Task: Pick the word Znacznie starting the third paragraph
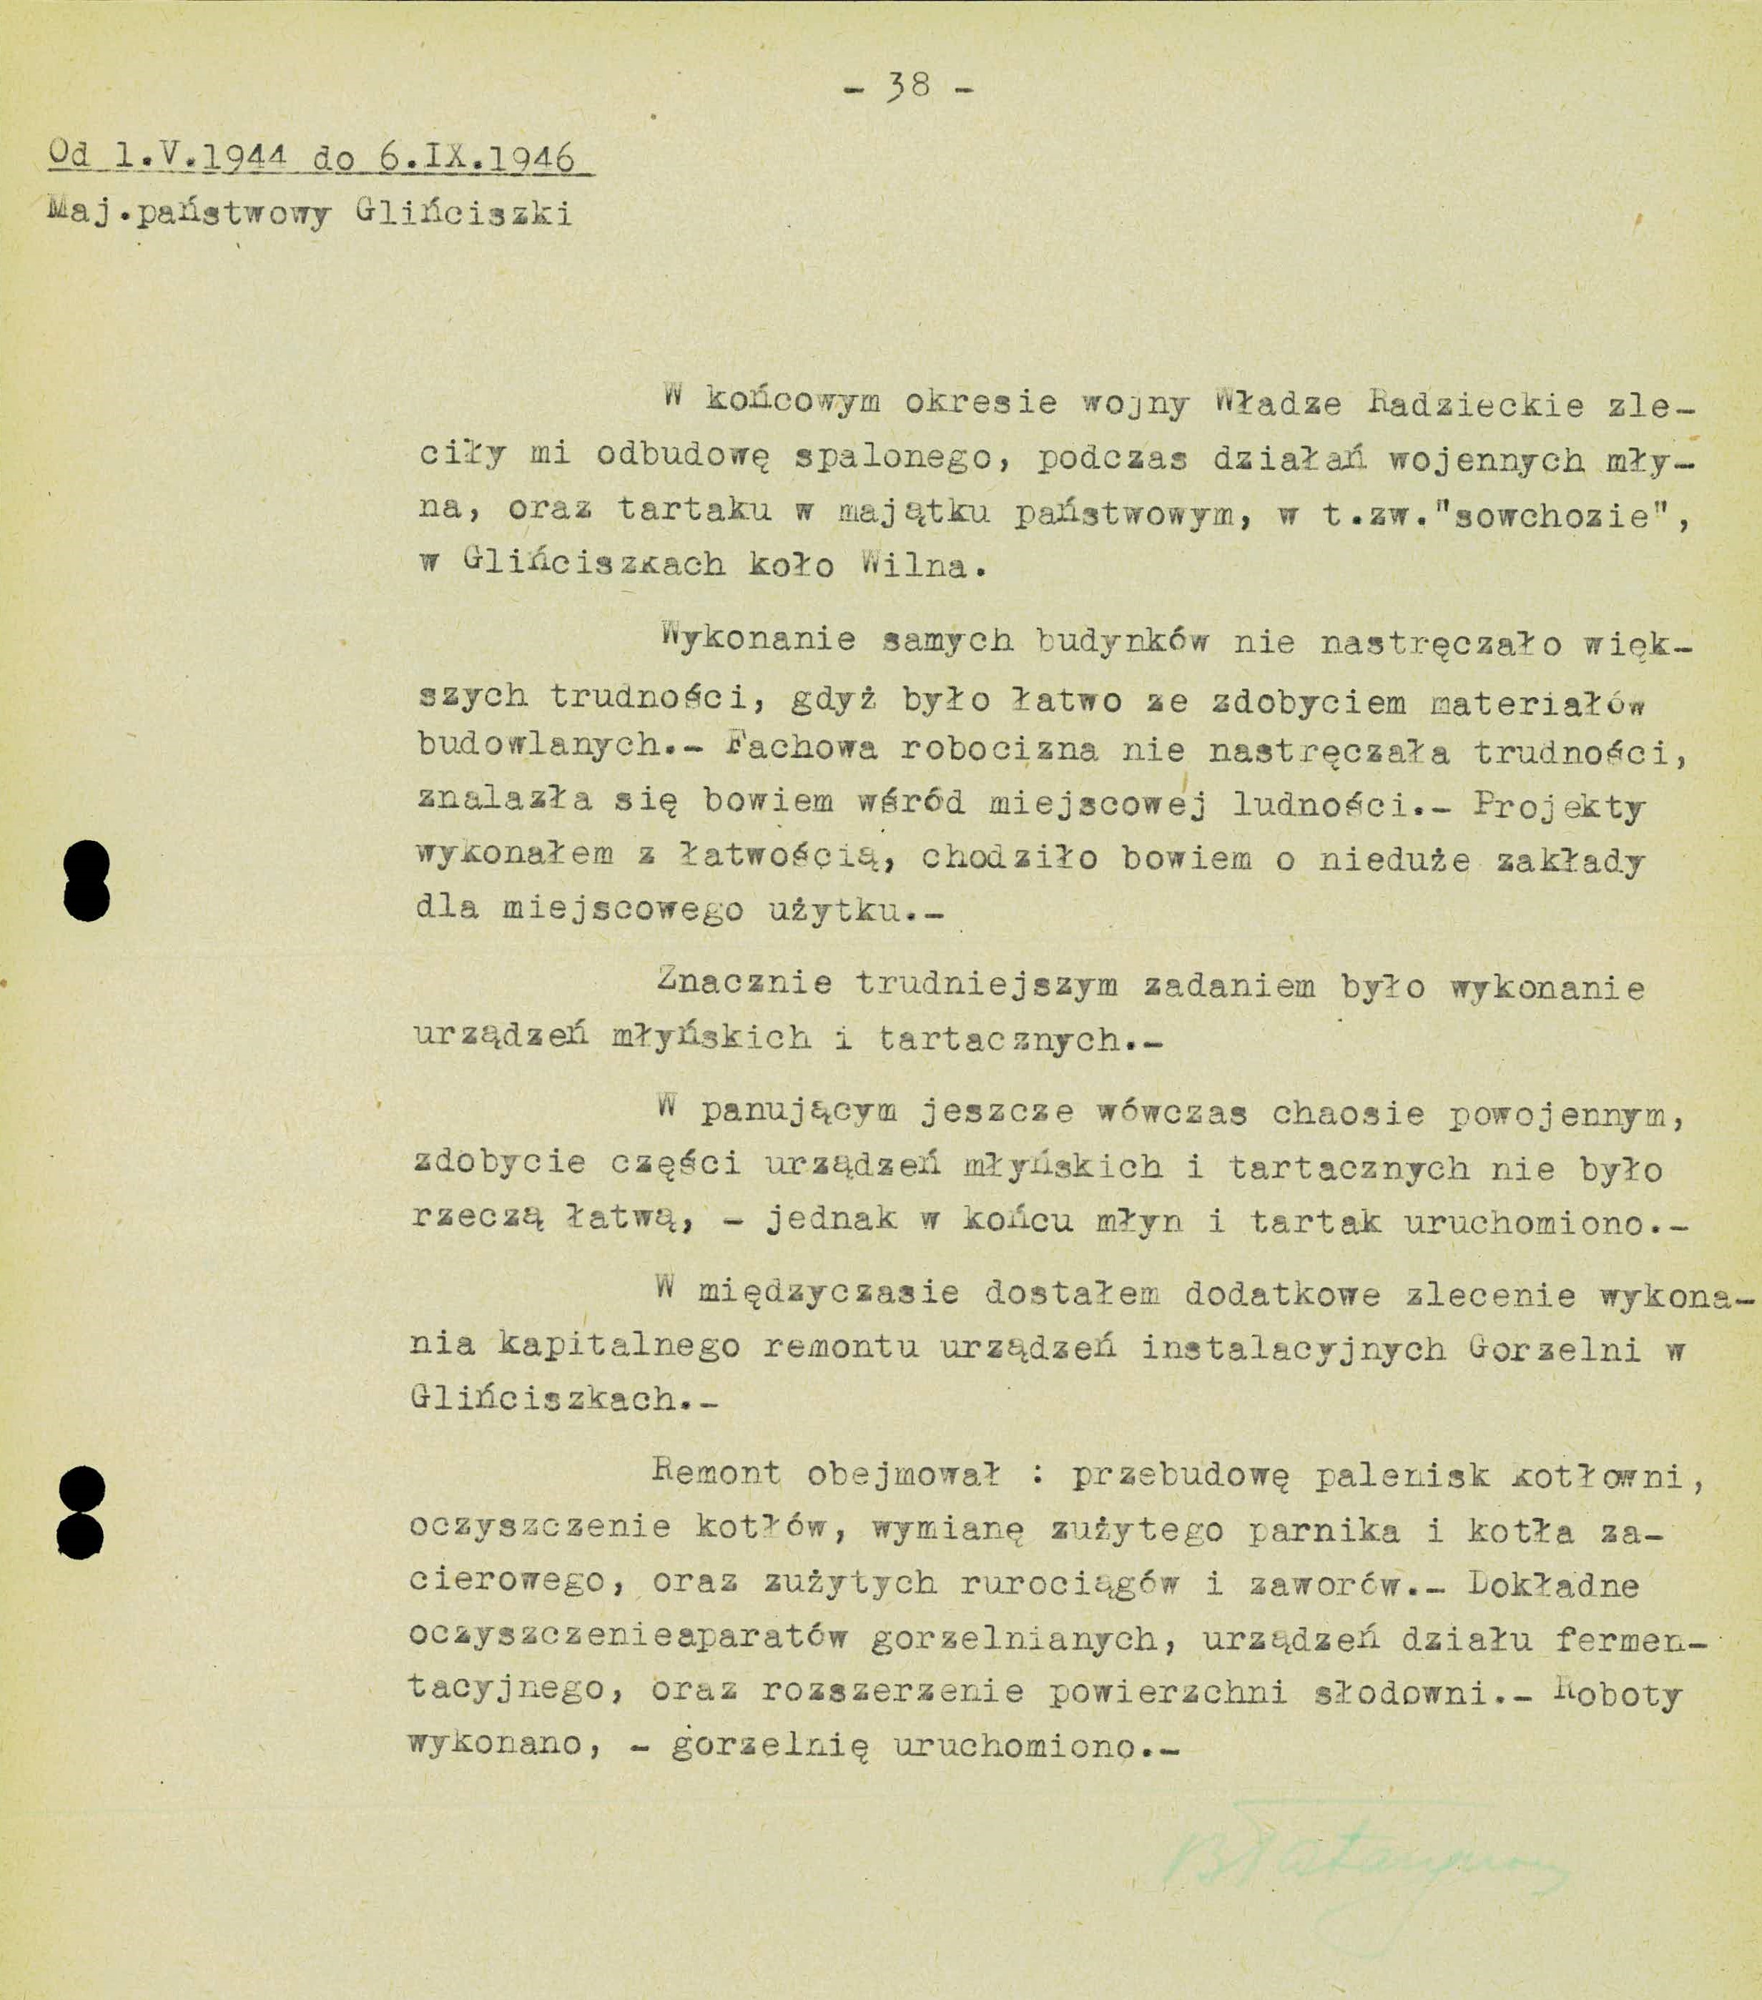[744, 983]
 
